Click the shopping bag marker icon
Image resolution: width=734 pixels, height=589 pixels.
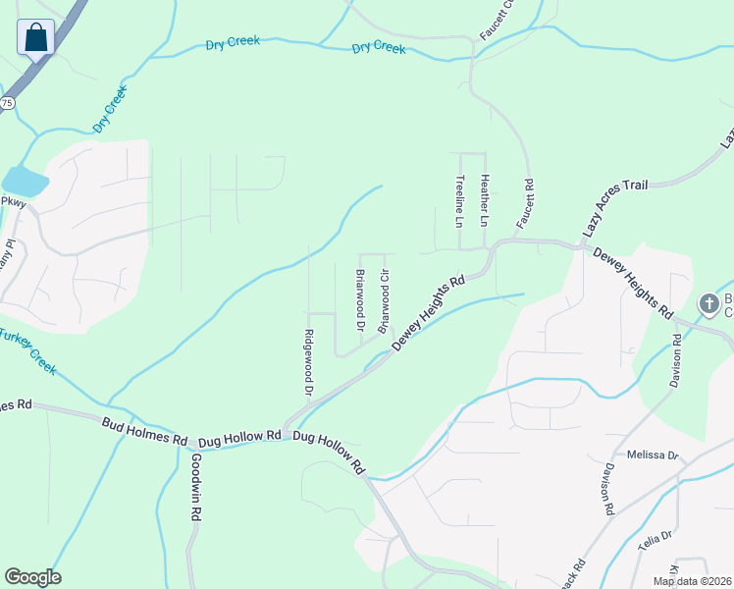point(35,38)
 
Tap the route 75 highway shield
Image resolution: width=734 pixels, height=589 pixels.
point(7,102)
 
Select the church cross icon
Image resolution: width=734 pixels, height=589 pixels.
point(709,305)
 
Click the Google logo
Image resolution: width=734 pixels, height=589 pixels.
point(32,577)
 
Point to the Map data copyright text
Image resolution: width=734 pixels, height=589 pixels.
point(692,581)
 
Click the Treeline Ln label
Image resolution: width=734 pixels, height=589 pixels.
point(459,201)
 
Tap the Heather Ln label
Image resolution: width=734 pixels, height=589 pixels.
point(484,201)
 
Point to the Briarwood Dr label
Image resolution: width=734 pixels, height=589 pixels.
point(360,299)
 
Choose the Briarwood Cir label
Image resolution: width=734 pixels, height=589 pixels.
point(385,301)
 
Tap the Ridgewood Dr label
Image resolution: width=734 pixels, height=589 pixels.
point(308,362)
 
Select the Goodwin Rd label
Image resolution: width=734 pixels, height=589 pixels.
point(196,487)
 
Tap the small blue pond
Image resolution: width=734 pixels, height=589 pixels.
point(25,182)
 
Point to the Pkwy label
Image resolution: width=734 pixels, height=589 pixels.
point(12,202)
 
